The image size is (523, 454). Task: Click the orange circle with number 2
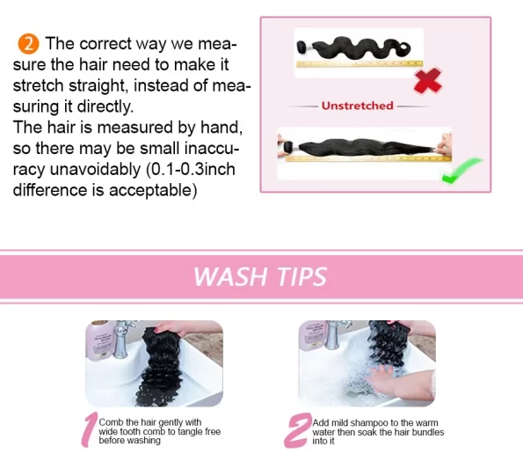pos(28,44)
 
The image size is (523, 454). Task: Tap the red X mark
pos(427,80)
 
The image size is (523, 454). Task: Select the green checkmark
pos(461,171)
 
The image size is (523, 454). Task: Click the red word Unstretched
pos(357,106)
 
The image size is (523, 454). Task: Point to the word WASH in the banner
pos(230,276)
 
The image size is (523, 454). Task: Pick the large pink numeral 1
pos(90,429)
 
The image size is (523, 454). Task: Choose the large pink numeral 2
pos(297,430)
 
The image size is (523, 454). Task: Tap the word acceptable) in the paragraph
pos(153,190)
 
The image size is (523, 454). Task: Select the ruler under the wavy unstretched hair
pos(360,63)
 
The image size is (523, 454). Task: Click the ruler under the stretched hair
pos(368,158)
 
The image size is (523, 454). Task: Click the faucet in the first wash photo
pos(122,339)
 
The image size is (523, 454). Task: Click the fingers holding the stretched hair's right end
pos(445,144)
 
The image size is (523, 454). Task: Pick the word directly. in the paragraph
pos(105,106)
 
